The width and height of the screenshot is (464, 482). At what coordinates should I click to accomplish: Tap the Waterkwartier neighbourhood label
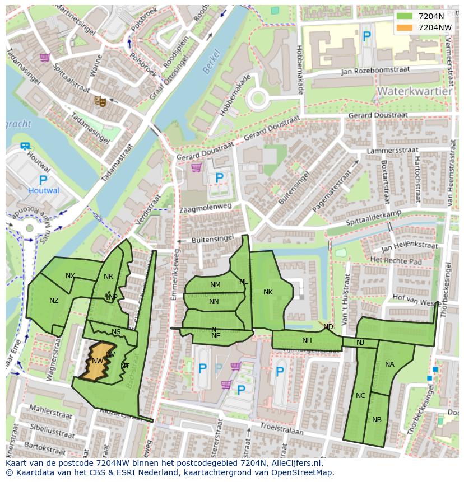coord(414,91)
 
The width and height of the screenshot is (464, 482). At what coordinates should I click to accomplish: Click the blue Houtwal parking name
coord(44,190)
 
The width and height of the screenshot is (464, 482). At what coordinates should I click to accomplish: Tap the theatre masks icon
coord(100,101)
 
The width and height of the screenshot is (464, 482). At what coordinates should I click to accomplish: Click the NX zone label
coord(70,275)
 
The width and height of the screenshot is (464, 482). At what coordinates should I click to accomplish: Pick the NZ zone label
coord(54,301)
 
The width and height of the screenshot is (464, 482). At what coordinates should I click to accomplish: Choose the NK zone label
coord(268,292)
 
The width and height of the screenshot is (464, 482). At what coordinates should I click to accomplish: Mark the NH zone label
coord(307,340)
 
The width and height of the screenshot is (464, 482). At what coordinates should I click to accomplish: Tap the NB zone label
coord(377,419)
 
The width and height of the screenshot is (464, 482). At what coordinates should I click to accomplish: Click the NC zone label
coord(360,395)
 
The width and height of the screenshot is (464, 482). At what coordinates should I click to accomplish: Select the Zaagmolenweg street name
coord(205,207)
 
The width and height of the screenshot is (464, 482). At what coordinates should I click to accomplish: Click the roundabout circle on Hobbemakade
coord(257,99)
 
